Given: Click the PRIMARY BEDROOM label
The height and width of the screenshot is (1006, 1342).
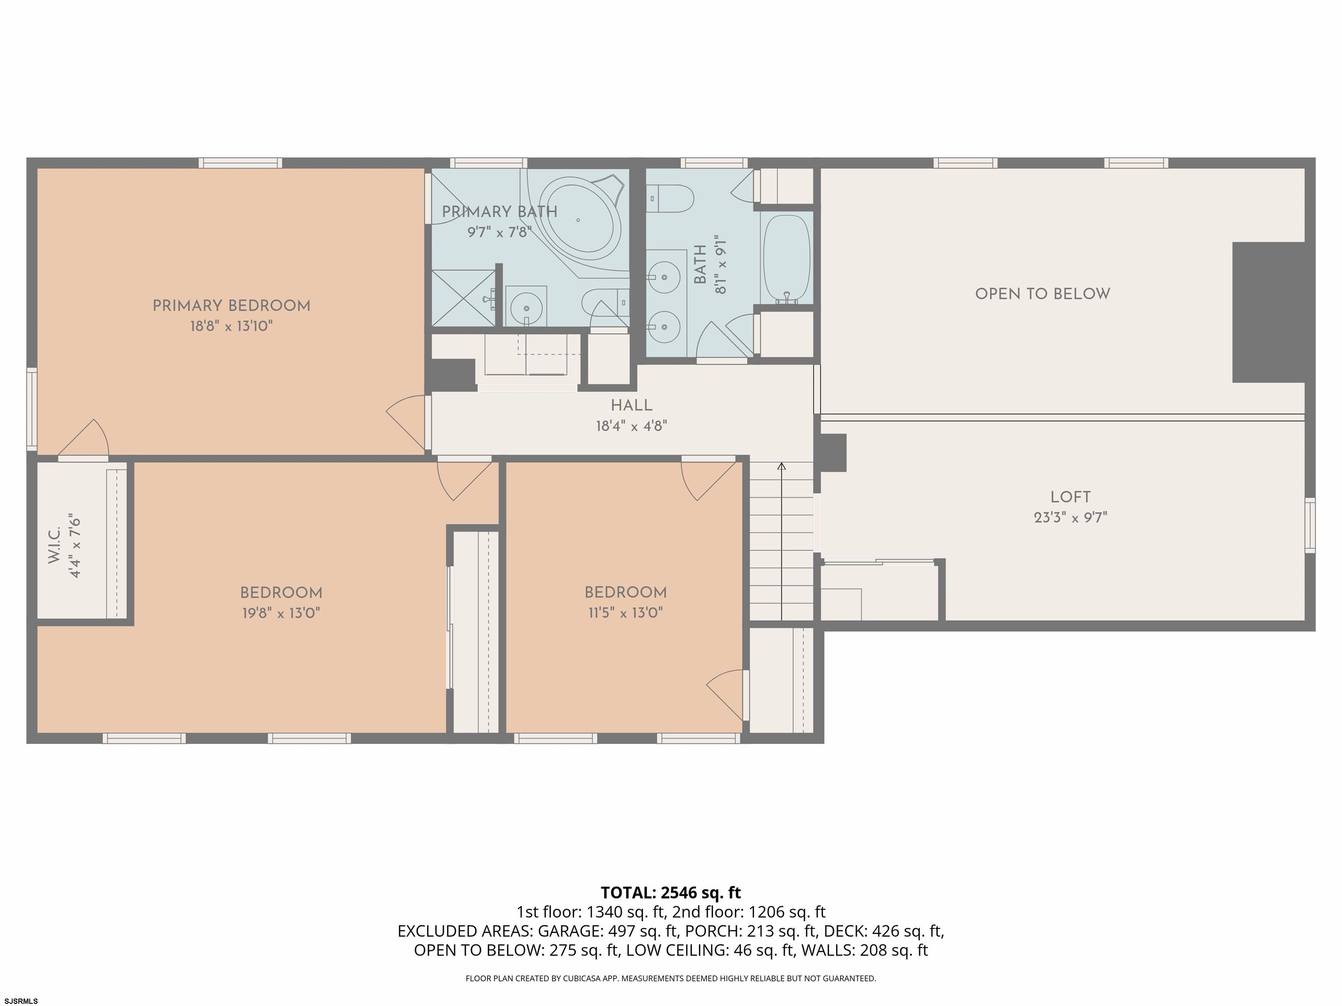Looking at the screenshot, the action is pos(231,306).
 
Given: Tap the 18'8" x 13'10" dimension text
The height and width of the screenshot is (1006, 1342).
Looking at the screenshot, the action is pos(231,326).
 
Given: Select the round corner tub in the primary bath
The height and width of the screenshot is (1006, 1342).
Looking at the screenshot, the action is pos(581,220).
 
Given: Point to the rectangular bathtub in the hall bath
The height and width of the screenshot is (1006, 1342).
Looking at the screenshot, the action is pos(786,259).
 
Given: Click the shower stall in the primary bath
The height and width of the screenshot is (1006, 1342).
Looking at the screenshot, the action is pos(463,298).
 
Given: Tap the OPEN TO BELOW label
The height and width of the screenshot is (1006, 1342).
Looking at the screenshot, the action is pos(1042,294).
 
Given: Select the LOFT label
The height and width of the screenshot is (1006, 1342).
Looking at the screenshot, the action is pos(1070,497).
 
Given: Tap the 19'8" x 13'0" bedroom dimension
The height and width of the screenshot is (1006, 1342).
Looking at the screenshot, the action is pos(281,613).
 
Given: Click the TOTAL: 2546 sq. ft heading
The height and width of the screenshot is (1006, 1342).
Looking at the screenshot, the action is pos(671,892).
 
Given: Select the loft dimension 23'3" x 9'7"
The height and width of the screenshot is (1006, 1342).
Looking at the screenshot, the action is pos(1070,518).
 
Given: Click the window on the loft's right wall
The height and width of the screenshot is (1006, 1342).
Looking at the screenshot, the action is pos(1310,525).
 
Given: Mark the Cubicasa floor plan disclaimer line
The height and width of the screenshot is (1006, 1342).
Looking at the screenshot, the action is pos(671,978).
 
